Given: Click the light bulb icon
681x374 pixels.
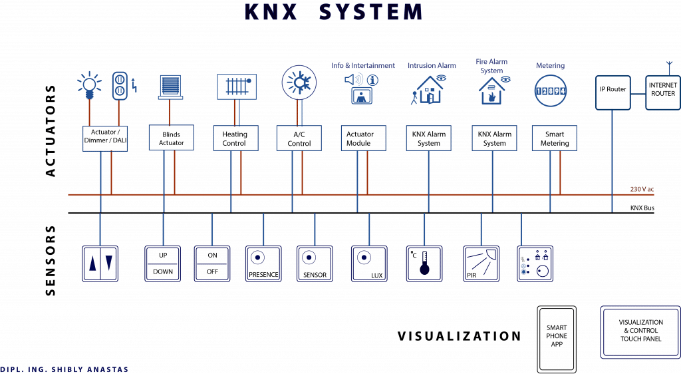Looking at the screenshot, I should (x=89, y=86).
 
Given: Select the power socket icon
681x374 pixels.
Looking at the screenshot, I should (x=120, y=85).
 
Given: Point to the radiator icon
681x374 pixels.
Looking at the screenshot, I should (x=236, y=87).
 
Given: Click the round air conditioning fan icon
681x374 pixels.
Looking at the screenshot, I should (x=299, y=84).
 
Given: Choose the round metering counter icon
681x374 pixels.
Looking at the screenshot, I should (x=553, y=90).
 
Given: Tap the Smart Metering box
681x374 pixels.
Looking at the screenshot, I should (x=554, y=137).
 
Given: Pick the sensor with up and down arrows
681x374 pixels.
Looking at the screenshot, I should (x=100, y=264).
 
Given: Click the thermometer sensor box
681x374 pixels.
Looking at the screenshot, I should (x=424, y=264).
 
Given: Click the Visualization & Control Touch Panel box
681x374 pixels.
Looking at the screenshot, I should (x=640, y=326).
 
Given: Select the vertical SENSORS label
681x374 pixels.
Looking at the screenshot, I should (x=49, y=260).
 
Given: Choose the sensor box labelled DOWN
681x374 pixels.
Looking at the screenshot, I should (x=162, y=264).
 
